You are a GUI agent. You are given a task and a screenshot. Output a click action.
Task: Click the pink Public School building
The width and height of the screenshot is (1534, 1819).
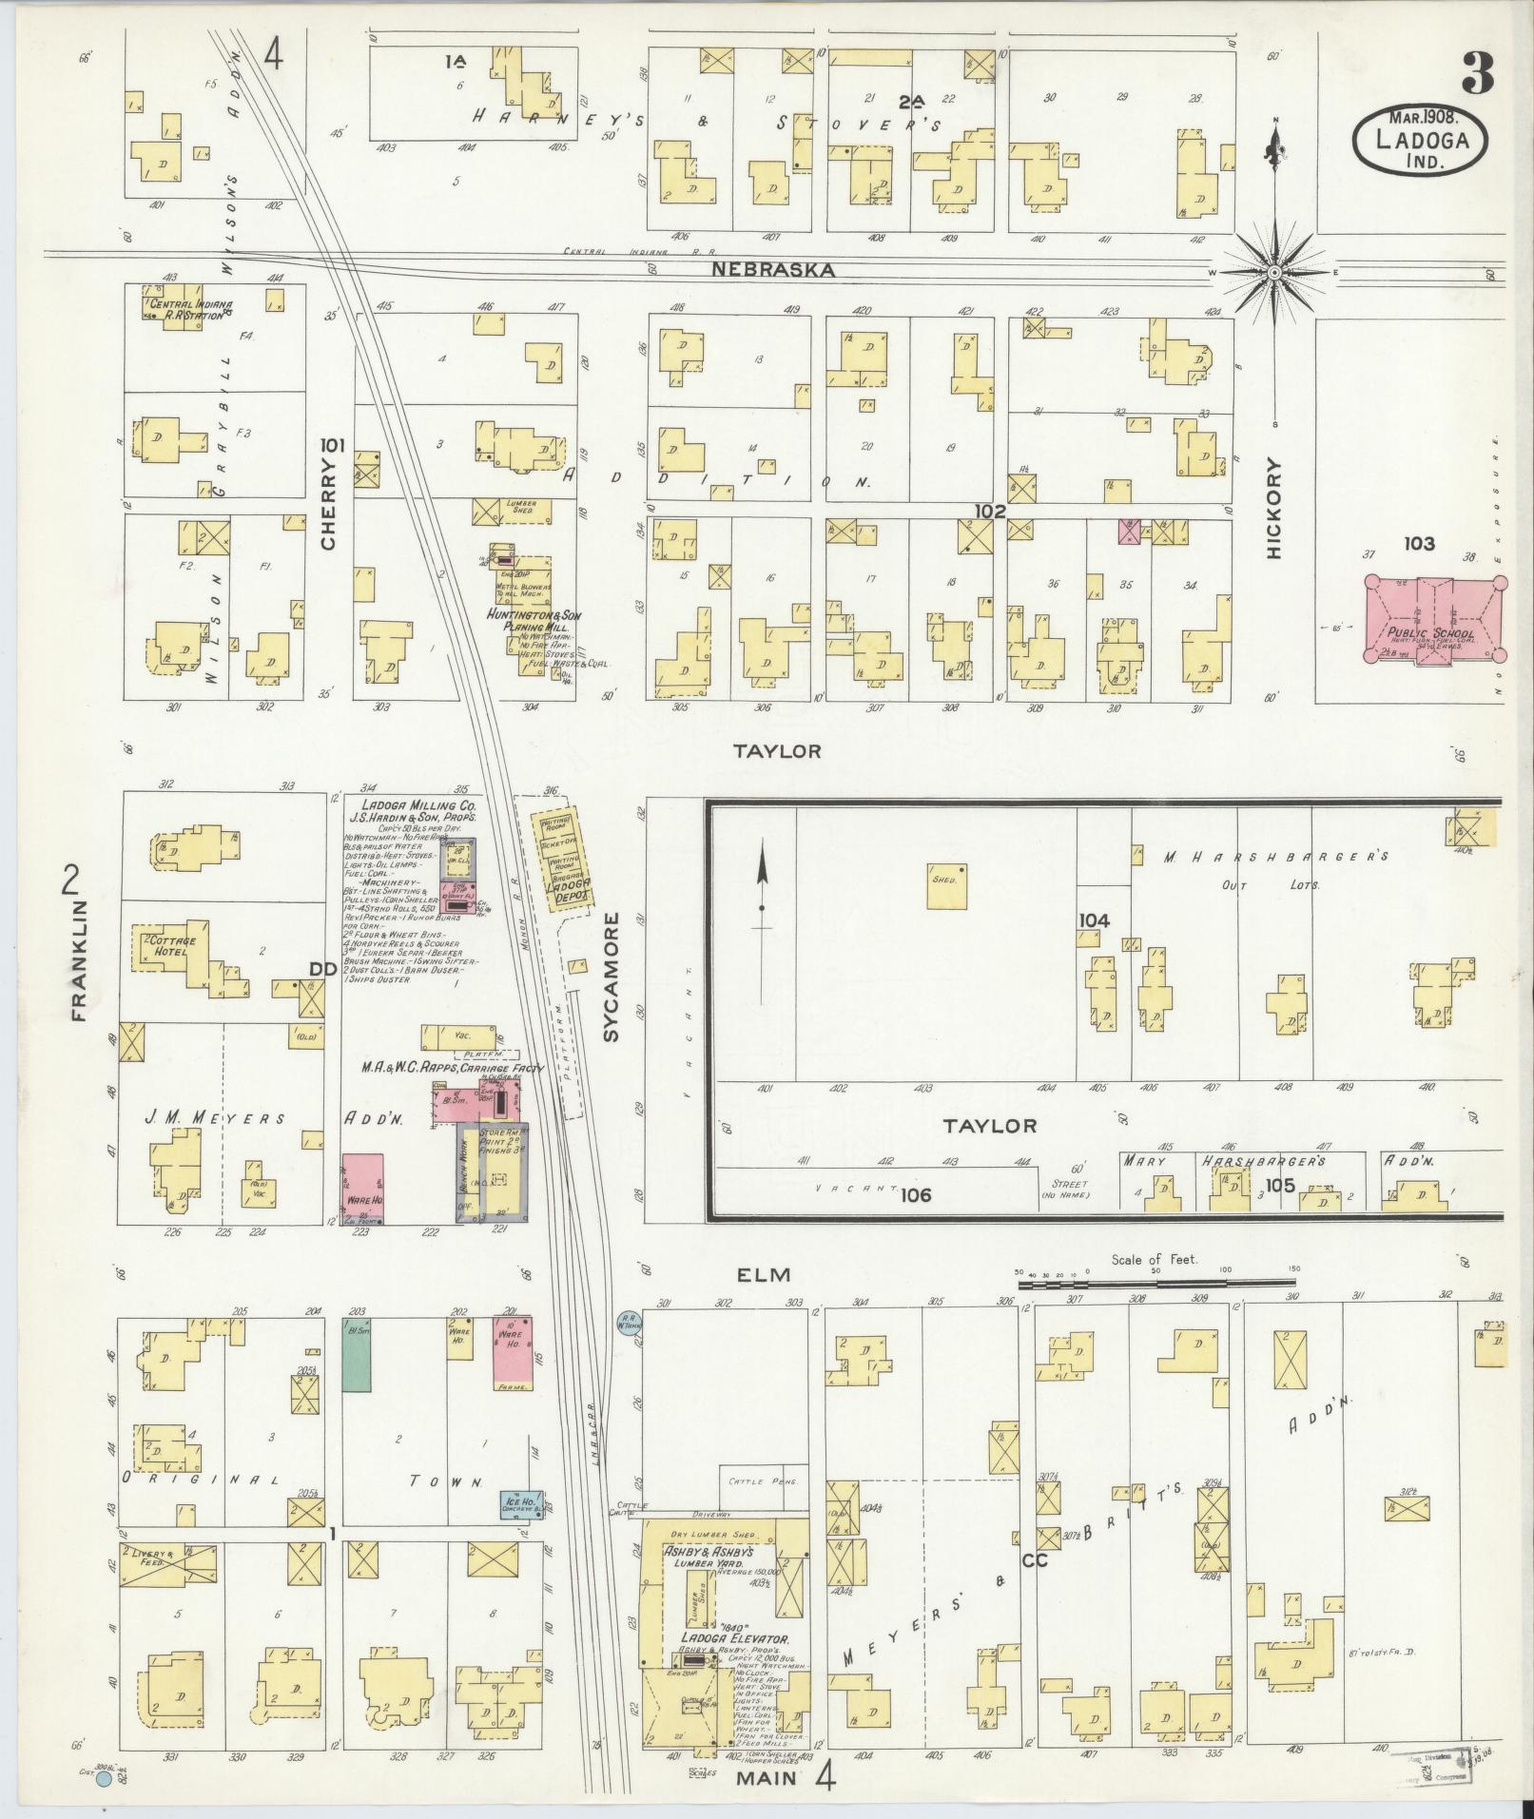[1434, 619]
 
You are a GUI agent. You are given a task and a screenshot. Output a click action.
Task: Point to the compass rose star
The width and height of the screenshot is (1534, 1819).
[1273, 272]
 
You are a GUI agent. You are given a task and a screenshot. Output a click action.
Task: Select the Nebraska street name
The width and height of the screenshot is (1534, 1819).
[773, 270]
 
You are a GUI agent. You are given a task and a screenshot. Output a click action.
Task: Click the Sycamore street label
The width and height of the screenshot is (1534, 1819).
[611, 977]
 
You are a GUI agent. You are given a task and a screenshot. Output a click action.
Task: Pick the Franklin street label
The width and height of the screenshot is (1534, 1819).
[78, 961]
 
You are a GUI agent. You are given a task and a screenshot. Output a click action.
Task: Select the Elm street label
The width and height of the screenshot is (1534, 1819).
[765, 1276]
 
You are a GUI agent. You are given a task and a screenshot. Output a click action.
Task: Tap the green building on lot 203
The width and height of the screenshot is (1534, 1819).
[356, 1355]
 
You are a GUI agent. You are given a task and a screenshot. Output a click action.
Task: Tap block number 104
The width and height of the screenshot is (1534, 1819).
[1095, 919]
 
